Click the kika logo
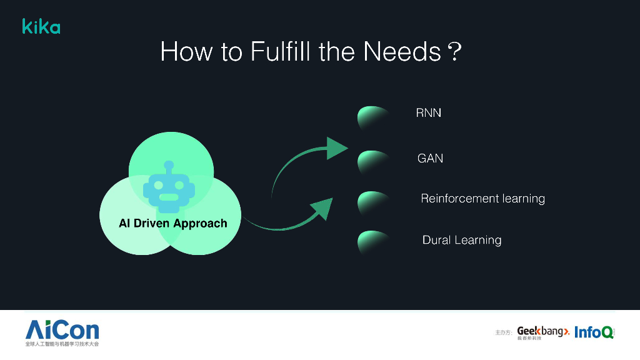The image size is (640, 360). (41, 26)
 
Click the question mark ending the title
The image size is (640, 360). (454, 52)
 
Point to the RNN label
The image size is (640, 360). (429, 113)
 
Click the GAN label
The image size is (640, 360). (430, 158)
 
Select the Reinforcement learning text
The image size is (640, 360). (482, 199)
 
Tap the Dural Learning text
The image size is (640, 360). (462, 240)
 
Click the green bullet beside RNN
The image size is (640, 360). (372, 117)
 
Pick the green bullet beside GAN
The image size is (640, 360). (372, 162)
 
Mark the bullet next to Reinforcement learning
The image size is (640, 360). (372, 202)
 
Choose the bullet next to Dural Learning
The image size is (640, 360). (372, 242)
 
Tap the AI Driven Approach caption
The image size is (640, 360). (173, 223)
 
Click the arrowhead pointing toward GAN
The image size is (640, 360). (336, 148)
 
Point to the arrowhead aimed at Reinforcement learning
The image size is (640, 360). (322, 209)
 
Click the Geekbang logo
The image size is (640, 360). (542, 332)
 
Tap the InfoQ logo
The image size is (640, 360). (593, 332)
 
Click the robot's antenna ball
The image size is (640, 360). (168, 165)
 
